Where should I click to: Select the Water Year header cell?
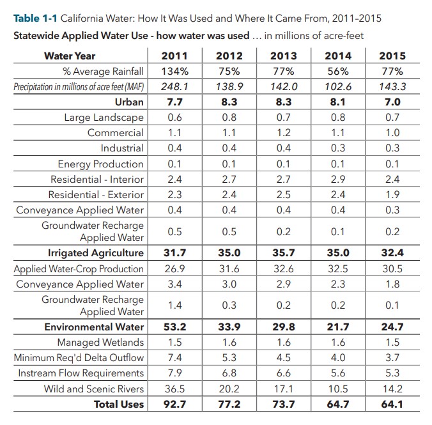(70, 56)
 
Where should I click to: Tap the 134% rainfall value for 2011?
(174, 71)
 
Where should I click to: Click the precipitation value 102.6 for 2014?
(338, 86)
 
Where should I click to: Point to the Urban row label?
(129, 102)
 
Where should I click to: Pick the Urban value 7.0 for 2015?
(392, 102)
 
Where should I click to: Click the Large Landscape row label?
(104, 118)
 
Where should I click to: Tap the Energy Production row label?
(101, 164)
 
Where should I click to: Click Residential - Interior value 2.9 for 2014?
(338, 179)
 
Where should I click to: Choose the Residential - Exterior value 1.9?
(392, 194)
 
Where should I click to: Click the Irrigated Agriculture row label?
(96, 253)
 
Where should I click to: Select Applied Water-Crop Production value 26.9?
(174, 268)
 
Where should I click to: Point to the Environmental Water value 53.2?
(174, 327)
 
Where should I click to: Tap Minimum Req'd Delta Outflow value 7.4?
(174, 358)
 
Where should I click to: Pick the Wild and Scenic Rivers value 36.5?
(174, 389)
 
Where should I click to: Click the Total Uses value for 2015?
(392, 404)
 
